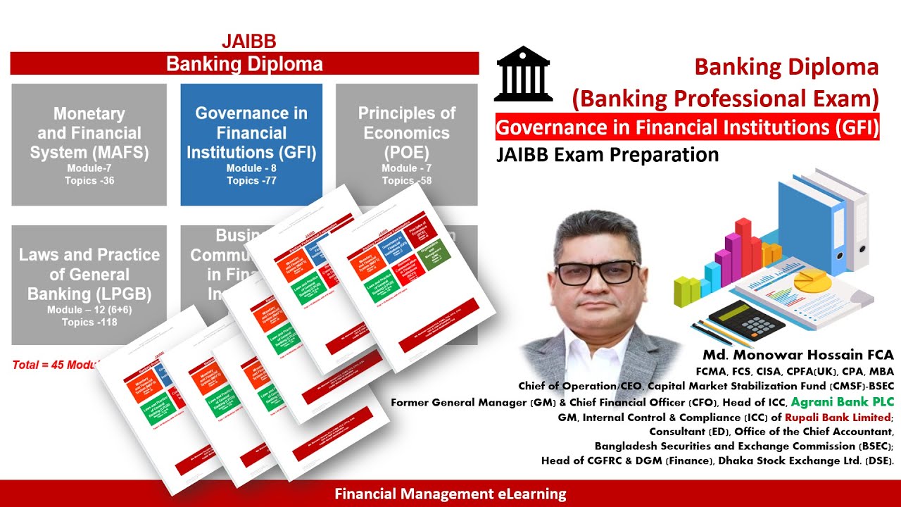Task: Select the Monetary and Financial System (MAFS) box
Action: pyautogui.click(x=89, y=144)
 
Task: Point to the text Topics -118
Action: pyautogui.click(x=89, y=323)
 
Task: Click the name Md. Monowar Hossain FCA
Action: pyautogui.click(x=798, y=355)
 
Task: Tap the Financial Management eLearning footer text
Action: pyautogui.click(x=450, y=494)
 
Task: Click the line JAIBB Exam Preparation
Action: pyautogui.click(x=607, y=154)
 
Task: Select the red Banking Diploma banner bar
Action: pyautogui.click(x=244, y=64)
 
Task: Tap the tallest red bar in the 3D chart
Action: pyautogui.click(x=743, y=246)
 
